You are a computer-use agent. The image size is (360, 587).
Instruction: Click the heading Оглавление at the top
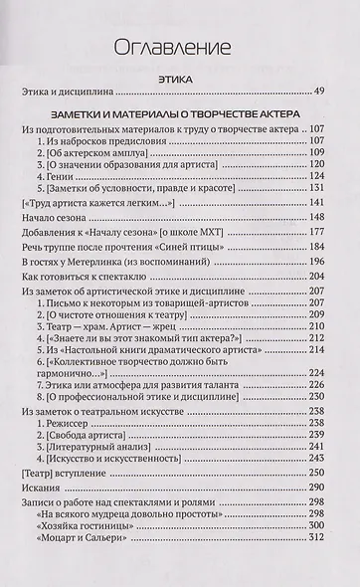pos(181,47)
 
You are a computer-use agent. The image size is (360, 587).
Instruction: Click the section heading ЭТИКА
pos(181,76)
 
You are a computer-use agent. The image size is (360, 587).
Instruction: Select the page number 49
pos(319,92)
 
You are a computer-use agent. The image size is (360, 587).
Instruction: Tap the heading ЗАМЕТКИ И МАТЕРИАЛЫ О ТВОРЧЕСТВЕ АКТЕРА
pos(181,112)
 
